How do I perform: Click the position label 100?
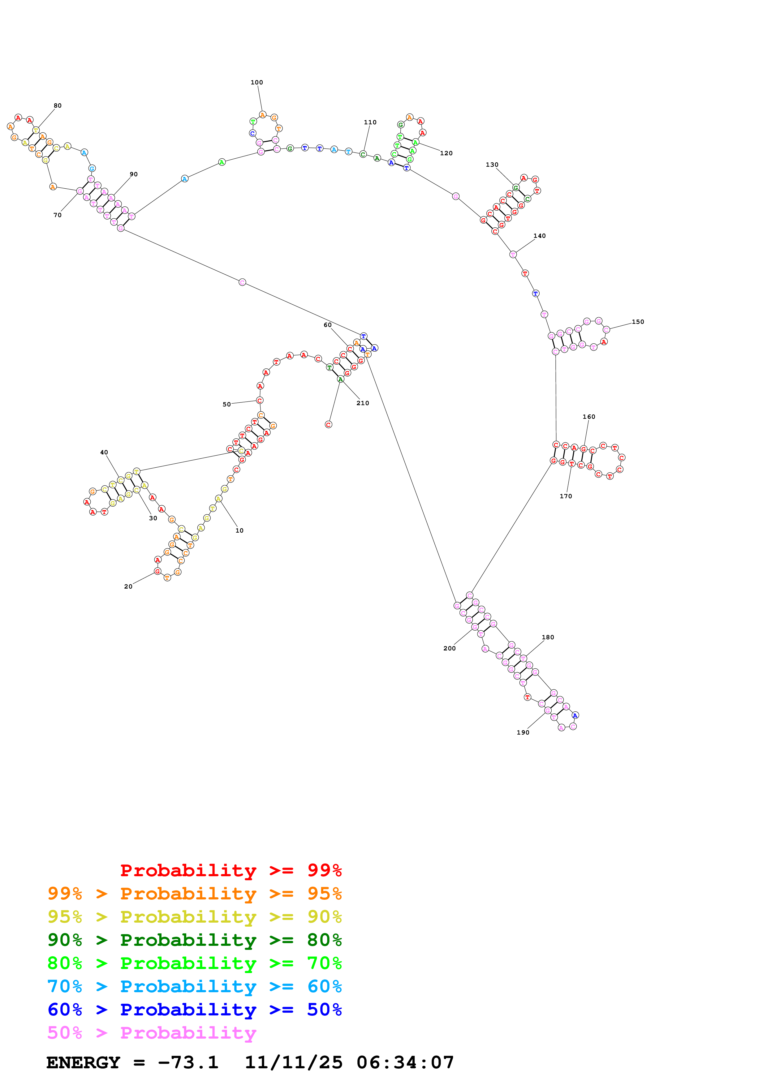click(256, 82)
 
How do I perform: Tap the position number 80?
click(57, 105)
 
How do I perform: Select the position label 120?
click(446, 153)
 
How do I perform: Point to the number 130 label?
click(492, 165)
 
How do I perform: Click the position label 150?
click(638, 322)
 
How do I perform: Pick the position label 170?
click(566, 496)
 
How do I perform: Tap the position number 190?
click(523, 732)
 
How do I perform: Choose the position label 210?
click(363, 403)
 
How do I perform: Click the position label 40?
click(104, 452)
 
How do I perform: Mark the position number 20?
click(128, 586)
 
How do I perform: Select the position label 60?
click(328, 325)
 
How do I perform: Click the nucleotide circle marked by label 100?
click(263, 115)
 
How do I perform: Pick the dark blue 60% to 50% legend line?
click(194, 1010)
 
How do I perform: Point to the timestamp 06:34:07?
click(405, 1062)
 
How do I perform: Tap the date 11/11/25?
click(294, 1062)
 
